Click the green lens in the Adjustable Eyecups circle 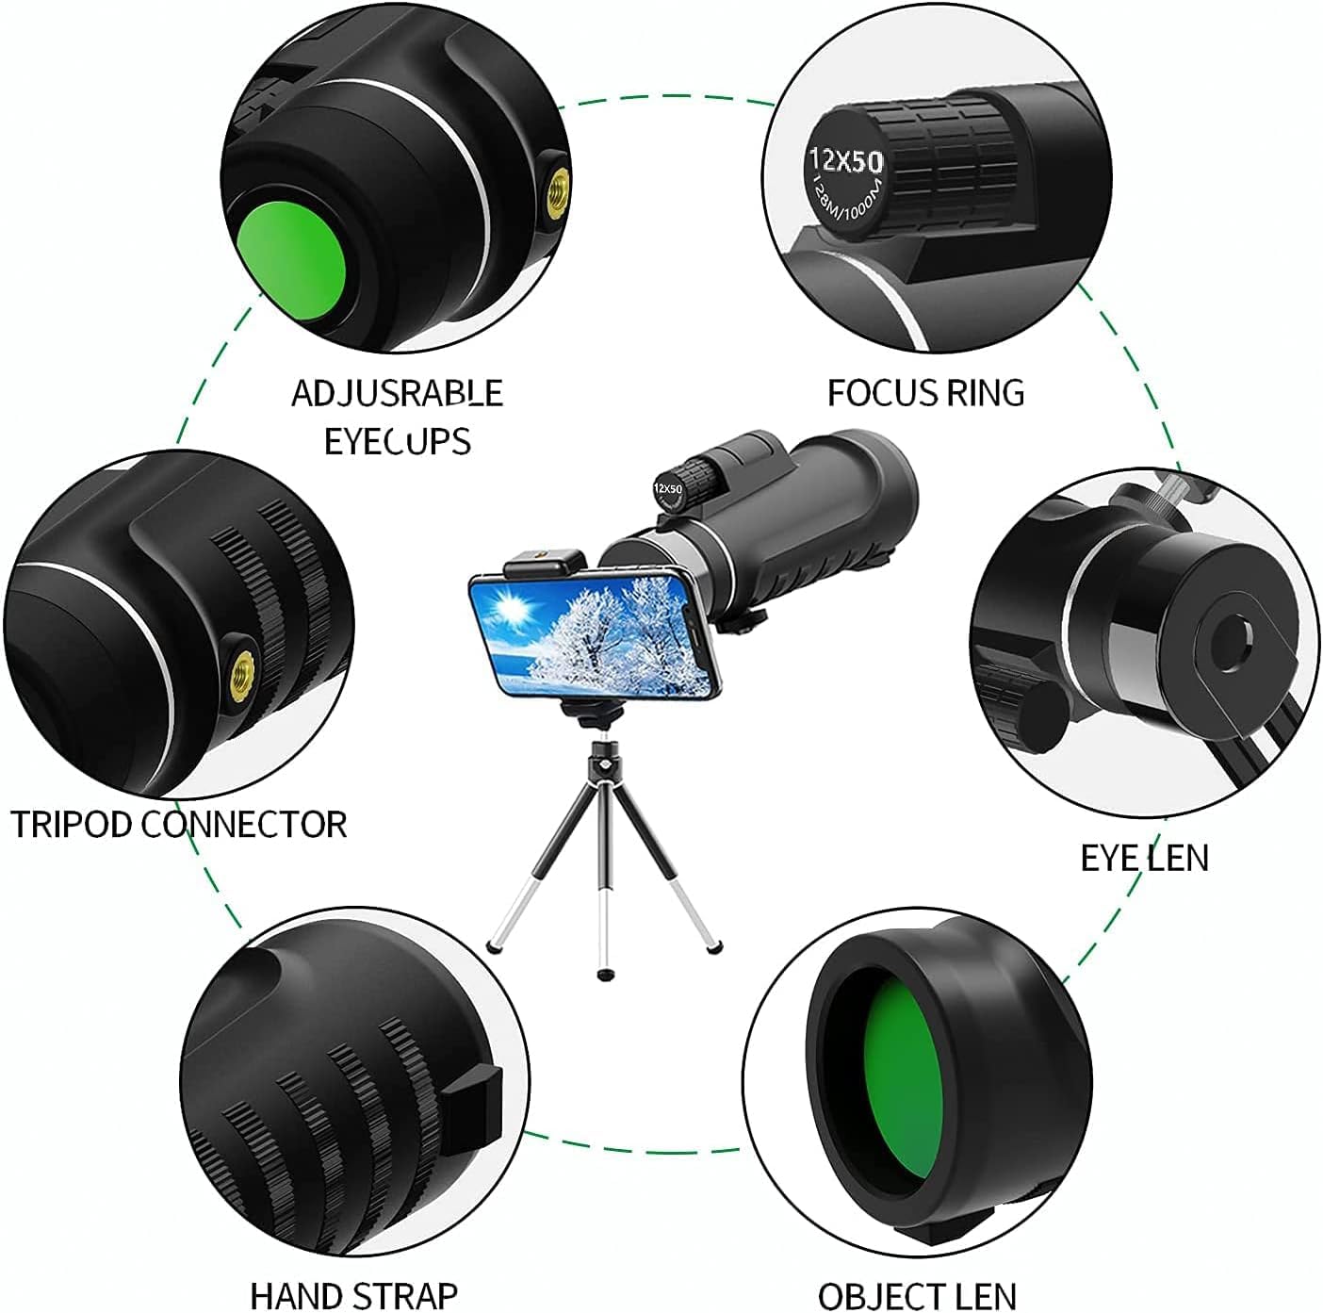pyautogui.click(x=291, y=254)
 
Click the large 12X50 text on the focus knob pyautogui.click(x=845, y=160)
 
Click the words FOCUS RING pyautogui.click(x=925, y=392)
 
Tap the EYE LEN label pyautogui.click(x=1143, y=857)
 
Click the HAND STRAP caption pyautogui.click(x=353, y=1294)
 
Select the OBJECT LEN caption pyautogui.click(x=916, y=1294)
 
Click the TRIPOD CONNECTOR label pyautogui.click(x=179, y=824)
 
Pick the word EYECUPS pyautogui.click(x=397, y=441)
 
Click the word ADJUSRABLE pyautogui.click(x=397, y=392)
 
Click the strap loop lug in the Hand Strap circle pyautogui.click(x=474, y=1108)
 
